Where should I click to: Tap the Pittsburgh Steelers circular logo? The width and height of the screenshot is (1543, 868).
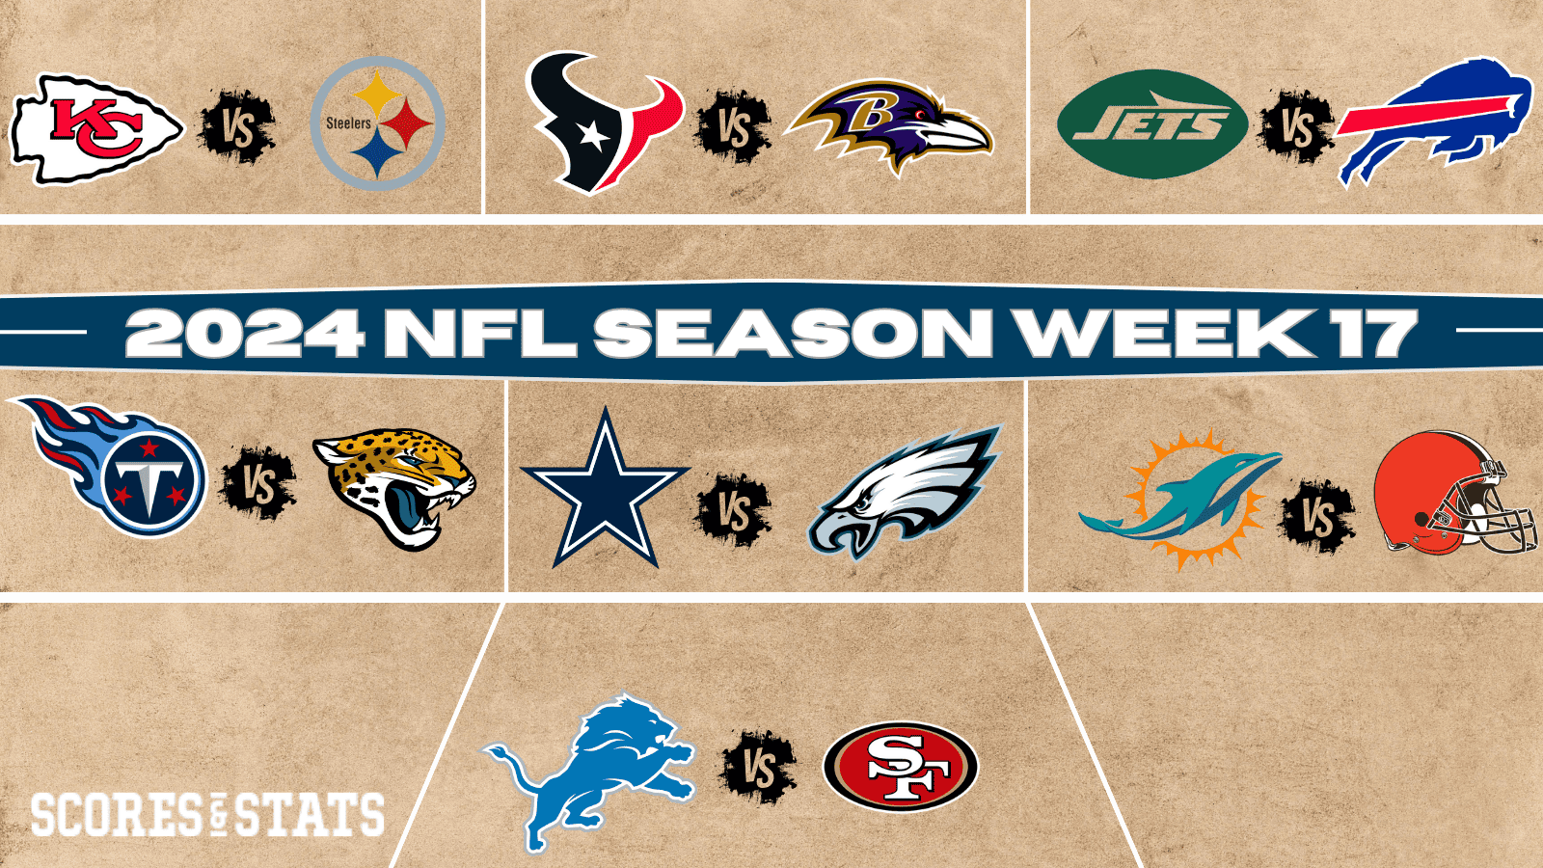pos(377,122)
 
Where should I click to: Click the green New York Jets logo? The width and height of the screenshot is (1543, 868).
pos(1151,124)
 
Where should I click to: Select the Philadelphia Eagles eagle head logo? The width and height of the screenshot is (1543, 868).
pos(904,492)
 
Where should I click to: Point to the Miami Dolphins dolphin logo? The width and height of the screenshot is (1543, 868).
pos(1178,498)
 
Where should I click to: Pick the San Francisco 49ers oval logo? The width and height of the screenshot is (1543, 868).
pos(901,768)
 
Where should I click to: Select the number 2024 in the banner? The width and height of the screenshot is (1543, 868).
pos(245,333)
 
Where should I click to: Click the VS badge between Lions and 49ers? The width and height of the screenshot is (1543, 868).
pos(759,769)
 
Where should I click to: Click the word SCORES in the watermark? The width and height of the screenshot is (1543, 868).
pos(116,815)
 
